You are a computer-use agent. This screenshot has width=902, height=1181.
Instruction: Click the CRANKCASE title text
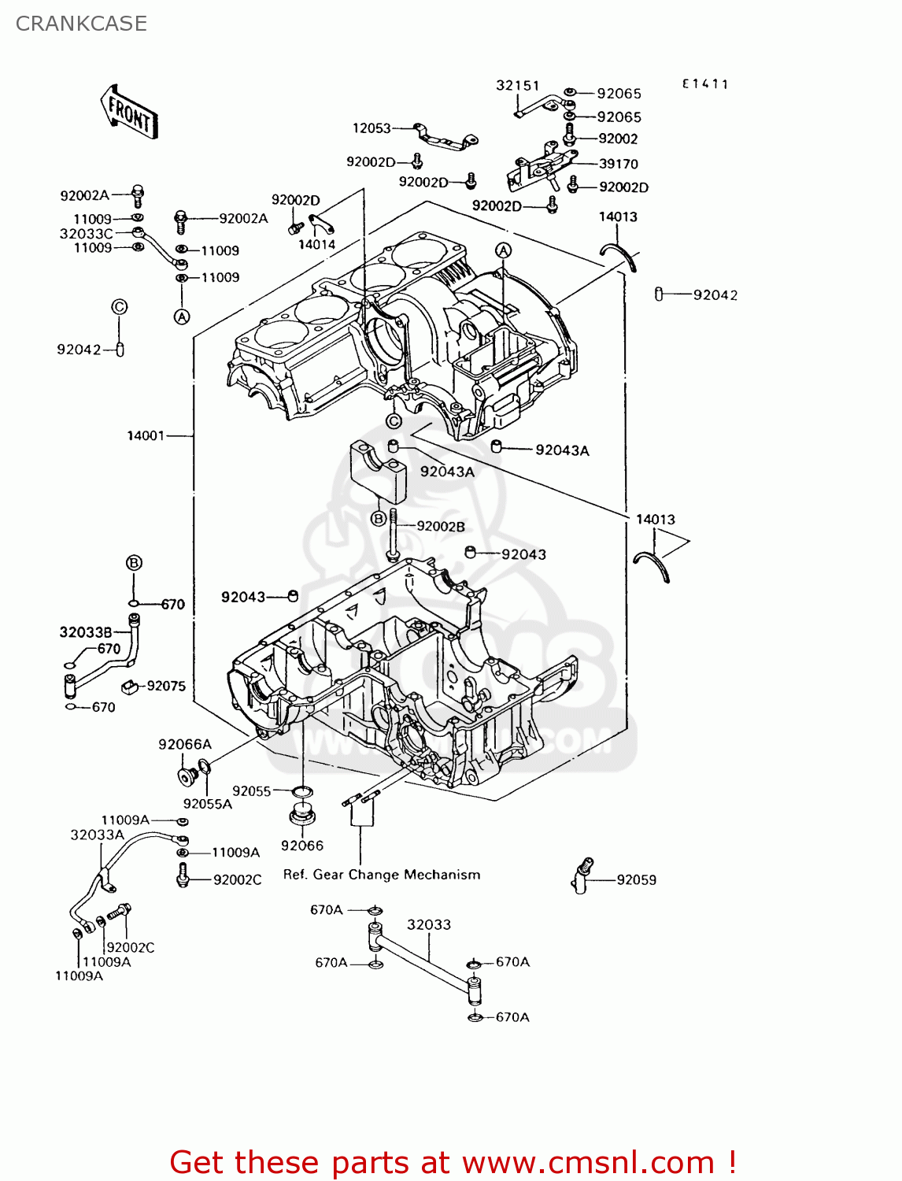tap(81, 24)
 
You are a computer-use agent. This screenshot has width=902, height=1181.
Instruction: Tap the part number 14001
tap(146, 435)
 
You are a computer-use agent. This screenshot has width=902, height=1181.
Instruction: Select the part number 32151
tap(517, 86)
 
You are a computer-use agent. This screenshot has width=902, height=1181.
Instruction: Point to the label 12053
tap(372, 128)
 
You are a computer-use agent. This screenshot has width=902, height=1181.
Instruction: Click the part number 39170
tap(619, 164)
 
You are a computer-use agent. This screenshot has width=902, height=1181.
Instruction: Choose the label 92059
tap(636, 879)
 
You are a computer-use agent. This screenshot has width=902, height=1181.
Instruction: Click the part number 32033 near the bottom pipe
tap(429, 924)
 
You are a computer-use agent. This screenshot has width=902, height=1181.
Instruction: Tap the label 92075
tap(166, 686)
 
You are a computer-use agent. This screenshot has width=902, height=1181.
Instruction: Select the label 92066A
tap(185, 744)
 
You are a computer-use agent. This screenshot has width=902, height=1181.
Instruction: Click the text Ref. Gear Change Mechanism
tap(382, 875)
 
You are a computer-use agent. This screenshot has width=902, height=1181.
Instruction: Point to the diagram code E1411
tap(705, 84)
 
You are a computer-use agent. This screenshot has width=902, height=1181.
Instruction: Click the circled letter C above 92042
tap(119, 307)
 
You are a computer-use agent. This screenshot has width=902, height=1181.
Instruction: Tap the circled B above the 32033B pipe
tap(134, 562)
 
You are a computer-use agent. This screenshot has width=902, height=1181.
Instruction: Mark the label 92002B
tap(440, 526)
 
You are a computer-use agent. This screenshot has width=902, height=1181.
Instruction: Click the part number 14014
tap(316, 244)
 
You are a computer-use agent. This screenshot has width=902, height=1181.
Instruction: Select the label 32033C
tap(86, 234)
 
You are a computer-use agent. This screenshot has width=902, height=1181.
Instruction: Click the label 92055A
tap(208, 804)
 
